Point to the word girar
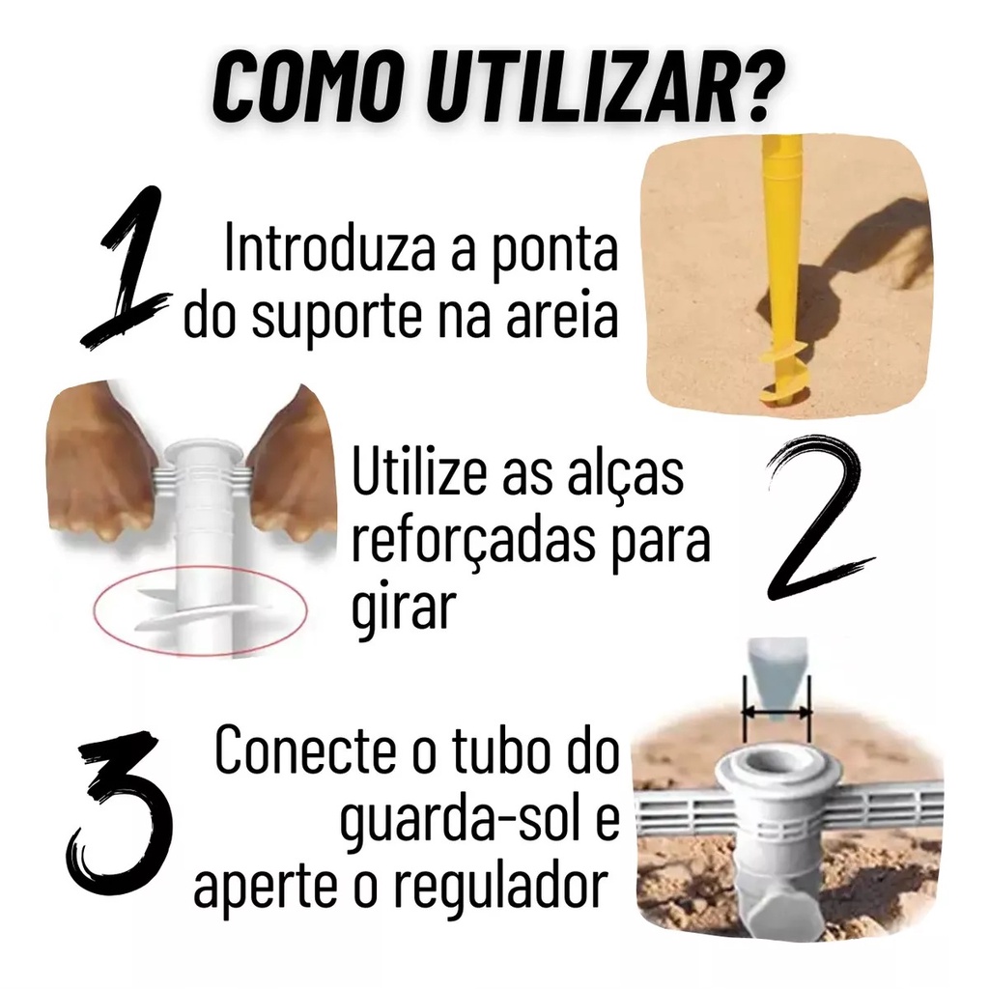(x=404, y=609)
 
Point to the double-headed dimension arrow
(x=777, y=713)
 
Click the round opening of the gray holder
(x=777, y=765)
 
